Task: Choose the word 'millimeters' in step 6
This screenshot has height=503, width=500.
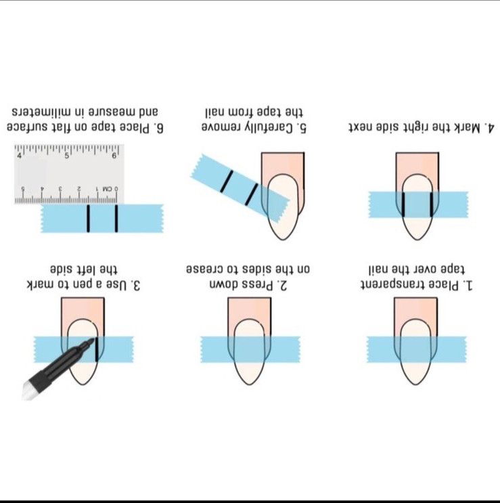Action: [44, 112]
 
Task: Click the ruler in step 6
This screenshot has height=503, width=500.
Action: [69, 174]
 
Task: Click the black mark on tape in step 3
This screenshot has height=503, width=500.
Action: [97, 350]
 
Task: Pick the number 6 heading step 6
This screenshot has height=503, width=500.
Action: [160, 129]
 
